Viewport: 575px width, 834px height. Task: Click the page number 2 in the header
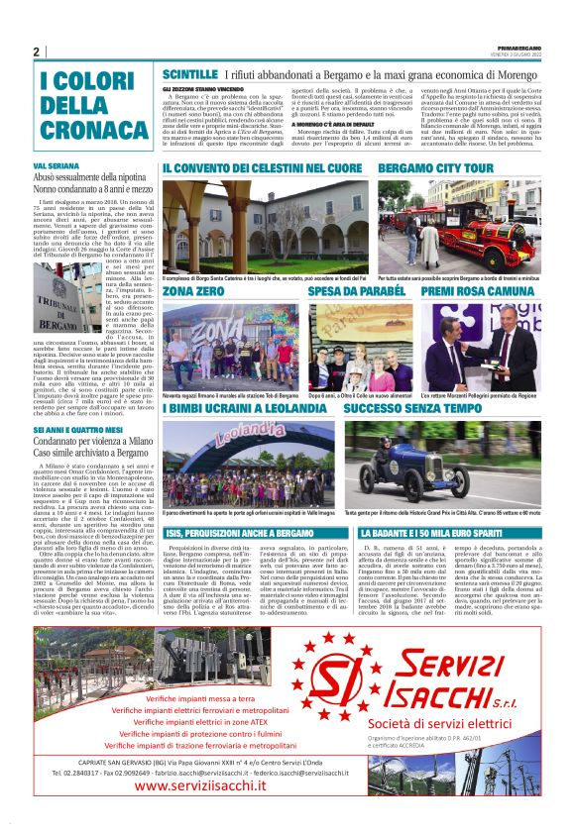tap(36, 52)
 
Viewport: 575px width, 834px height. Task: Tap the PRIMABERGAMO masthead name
tap(520, 47)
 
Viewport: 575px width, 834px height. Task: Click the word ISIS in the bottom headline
tap(178, 532)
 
